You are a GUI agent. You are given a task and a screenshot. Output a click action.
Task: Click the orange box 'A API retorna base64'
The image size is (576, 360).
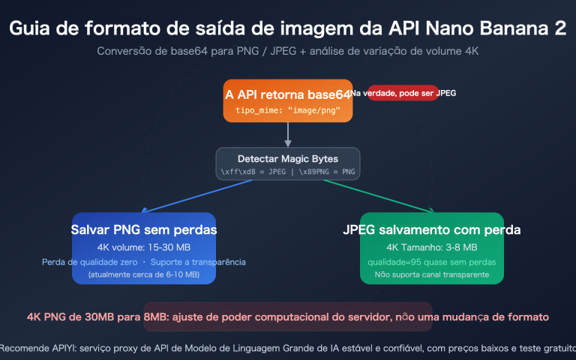point(287,100)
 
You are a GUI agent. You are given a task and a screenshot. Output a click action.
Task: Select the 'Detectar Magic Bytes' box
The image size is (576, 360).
point(288,164)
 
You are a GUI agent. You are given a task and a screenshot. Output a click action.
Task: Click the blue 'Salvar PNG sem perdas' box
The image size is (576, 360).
point(144,248)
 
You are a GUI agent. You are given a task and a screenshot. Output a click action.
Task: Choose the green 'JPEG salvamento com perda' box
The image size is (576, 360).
point(431,248)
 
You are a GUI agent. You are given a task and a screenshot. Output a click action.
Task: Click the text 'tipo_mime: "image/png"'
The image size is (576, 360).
point(288,110)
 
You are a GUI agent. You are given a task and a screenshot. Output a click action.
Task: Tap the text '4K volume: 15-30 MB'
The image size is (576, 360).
point(144,247)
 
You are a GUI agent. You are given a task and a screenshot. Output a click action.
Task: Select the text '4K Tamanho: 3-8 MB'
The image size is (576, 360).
point(431,247)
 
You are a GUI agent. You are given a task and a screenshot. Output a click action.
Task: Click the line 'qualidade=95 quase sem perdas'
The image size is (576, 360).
point(431,262)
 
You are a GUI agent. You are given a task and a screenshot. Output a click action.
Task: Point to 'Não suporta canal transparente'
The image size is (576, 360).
point(431,274)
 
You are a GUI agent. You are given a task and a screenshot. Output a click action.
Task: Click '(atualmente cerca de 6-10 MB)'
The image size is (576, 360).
point(144,274)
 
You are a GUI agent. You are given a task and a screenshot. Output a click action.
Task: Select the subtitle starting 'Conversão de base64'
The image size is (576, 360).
point(287,51)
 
